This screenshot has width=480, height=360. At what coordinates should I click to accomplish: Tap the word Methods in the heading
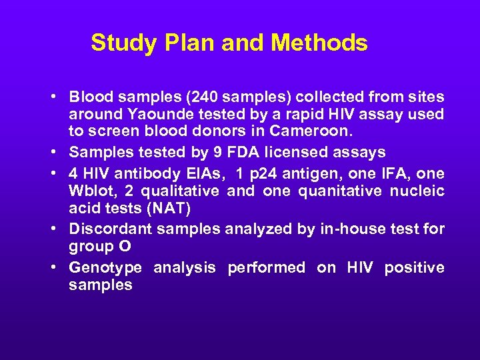(319, 43)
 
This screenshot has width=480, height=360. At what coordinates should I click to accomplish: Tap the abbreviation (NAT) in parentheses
(169, 209)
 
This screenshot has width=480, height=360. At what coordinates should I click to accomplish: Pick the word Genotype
(105, 268)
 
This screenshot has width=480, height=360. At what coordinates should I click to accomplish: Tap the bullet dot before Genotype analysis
(53, 268)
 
